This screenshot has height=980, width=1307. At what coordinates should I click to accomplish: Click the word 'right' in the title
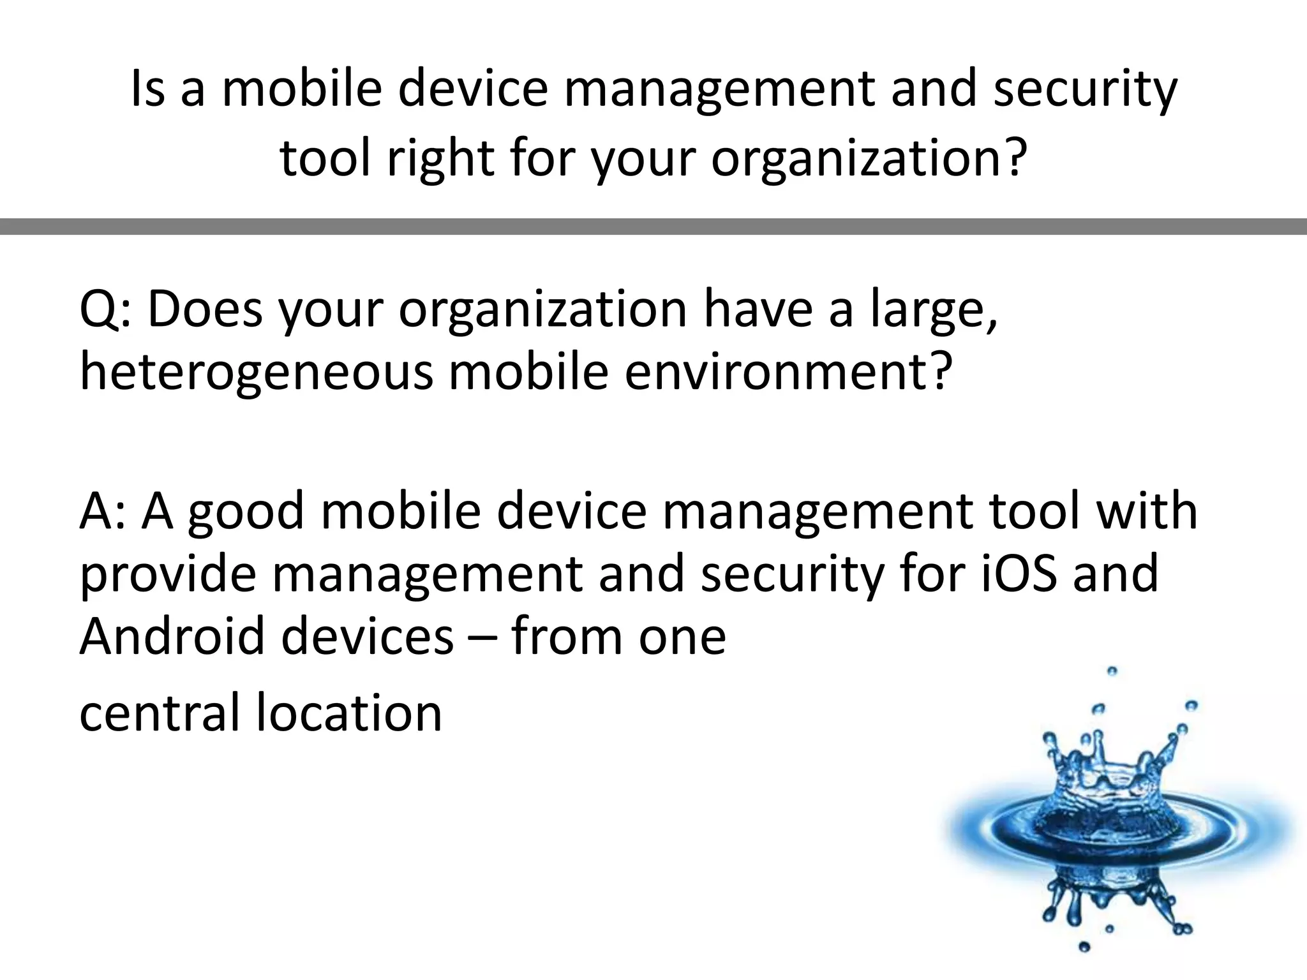(x=441, y=158)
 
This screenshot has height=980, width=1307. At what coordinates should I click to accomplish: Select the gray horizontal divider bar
(x=653, y=226)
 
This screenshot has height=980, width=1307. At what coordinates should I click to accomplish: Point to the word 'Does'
(x=205, y=310)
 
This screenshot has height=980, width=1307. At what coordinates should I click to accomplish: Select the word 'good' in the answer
(x=246, y=512)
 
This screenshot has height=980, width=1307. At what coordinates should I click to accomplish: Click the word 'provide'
(x=168, y=574)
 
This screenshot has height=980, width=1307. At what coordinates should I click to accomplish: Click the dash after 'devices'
(x=482, y=638)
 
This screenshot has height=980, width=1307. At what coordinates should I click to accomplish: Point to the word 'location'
(x=349, y=713)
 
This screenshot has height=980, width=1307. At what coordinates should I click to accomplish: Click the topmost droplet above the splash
(x=1112, y=671)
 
